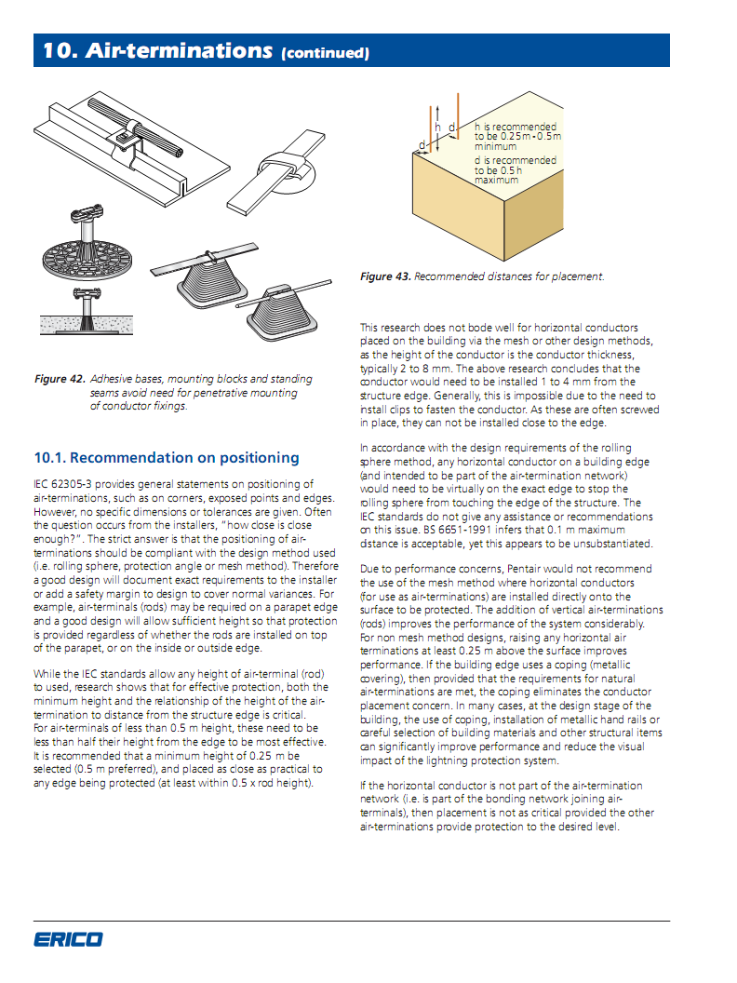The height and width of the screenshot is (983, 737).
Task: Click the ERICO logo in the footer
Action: pyautogui.click(x=68, y=939)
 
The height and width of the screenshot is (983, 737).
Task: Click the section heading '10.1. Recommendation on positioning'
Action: pyautogui.click(x=167, y=458)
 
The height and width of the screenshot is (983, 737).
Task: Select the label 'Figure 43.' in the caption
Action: pyautogui.click(x=385, y=276)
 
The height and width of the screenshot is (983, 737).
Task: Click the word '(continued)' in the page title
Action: pyautogui.click(x=325, y=53)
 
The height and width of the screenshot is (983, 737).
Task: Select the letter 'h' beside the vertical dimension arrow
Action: pyautogui.click(x=438, y=127)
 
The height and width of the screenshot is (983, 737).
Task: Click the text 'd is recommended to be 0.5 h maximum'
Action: pyautogui.click(x=515, y=170)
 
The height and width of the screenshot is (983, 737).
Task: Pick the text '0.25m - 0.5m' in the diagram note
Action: pyautogui.click(x=530, y=137)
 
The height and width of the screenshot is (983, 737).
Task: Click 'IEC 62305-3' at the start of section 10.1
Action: pyautogui.click(x=64, y=483)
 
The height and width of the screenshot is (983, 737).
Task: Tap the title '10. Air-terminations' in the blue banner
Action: pyautogui.click(x=156, y=51)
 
